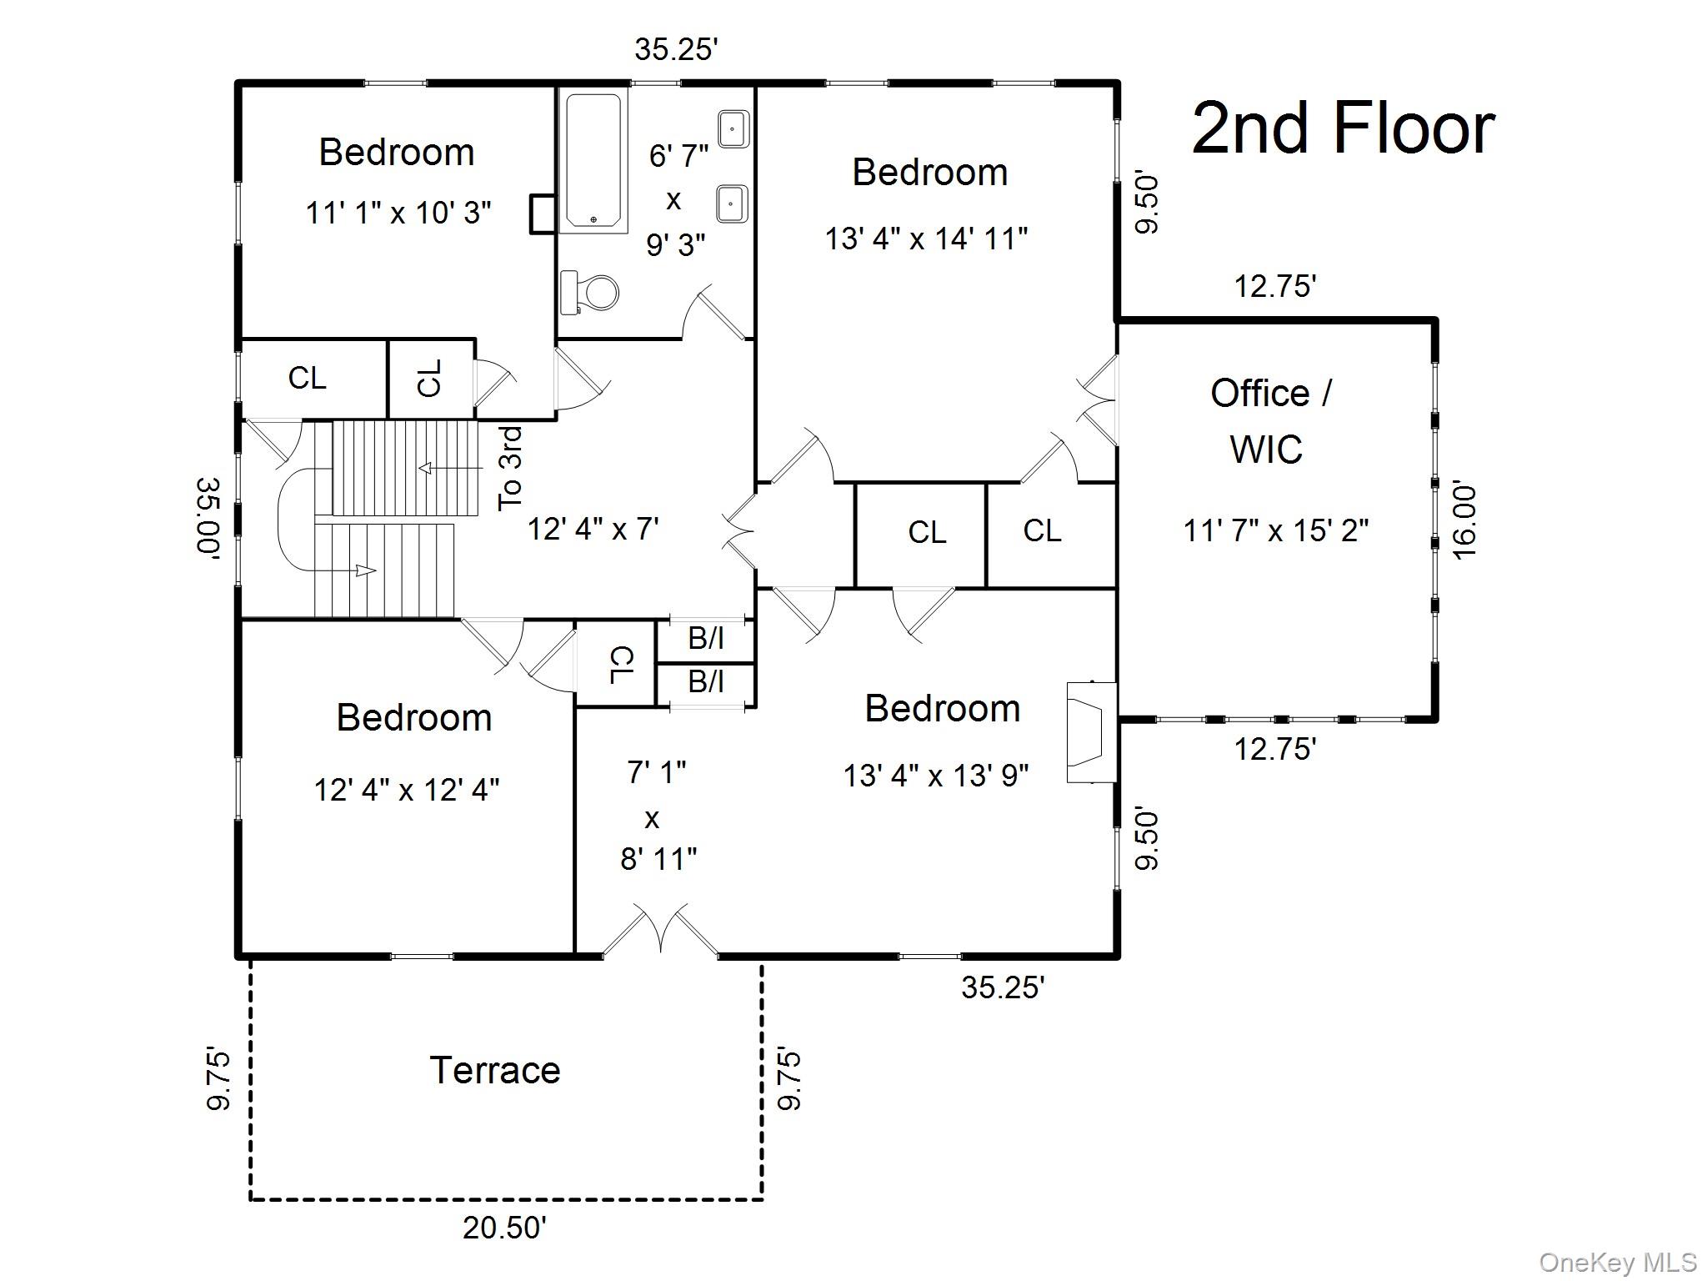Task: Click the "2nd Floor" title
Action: click(1343, 129)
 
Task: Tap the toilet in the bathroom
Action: click(593, 293)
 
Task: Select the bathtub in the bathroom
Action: click(593, 161)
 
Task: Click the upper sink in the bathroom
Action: click(733, 129)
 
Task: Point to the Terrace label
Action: click(495, 1071)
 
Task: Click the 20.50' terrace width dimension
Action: click(504, 1228)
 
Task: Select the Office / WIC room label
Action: click(1269, 421)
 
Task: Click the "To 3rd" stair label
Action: click(510, 469)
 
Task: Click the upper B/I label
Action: click(705, 639)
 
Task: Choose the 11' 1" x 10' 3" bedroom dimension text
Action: click(398, 213)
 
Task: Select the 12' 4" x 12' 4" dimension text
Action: click(407, 790)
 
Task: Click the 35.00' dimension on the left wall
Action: click(208, 517)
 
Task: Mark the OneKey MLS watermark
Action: click(1617, 1262)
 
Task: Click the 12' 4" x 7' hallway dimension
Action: click(593, 529)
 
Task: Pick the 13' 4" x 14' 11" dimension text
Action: click(926, 239)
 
